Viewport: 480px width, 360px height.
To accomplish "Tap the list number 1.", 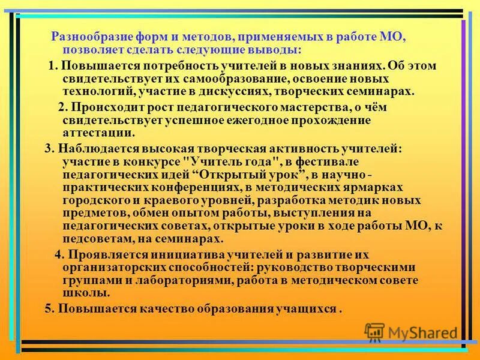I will (51, 65).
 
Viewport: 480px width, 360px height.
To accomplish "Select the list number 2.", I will (61, 107).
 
